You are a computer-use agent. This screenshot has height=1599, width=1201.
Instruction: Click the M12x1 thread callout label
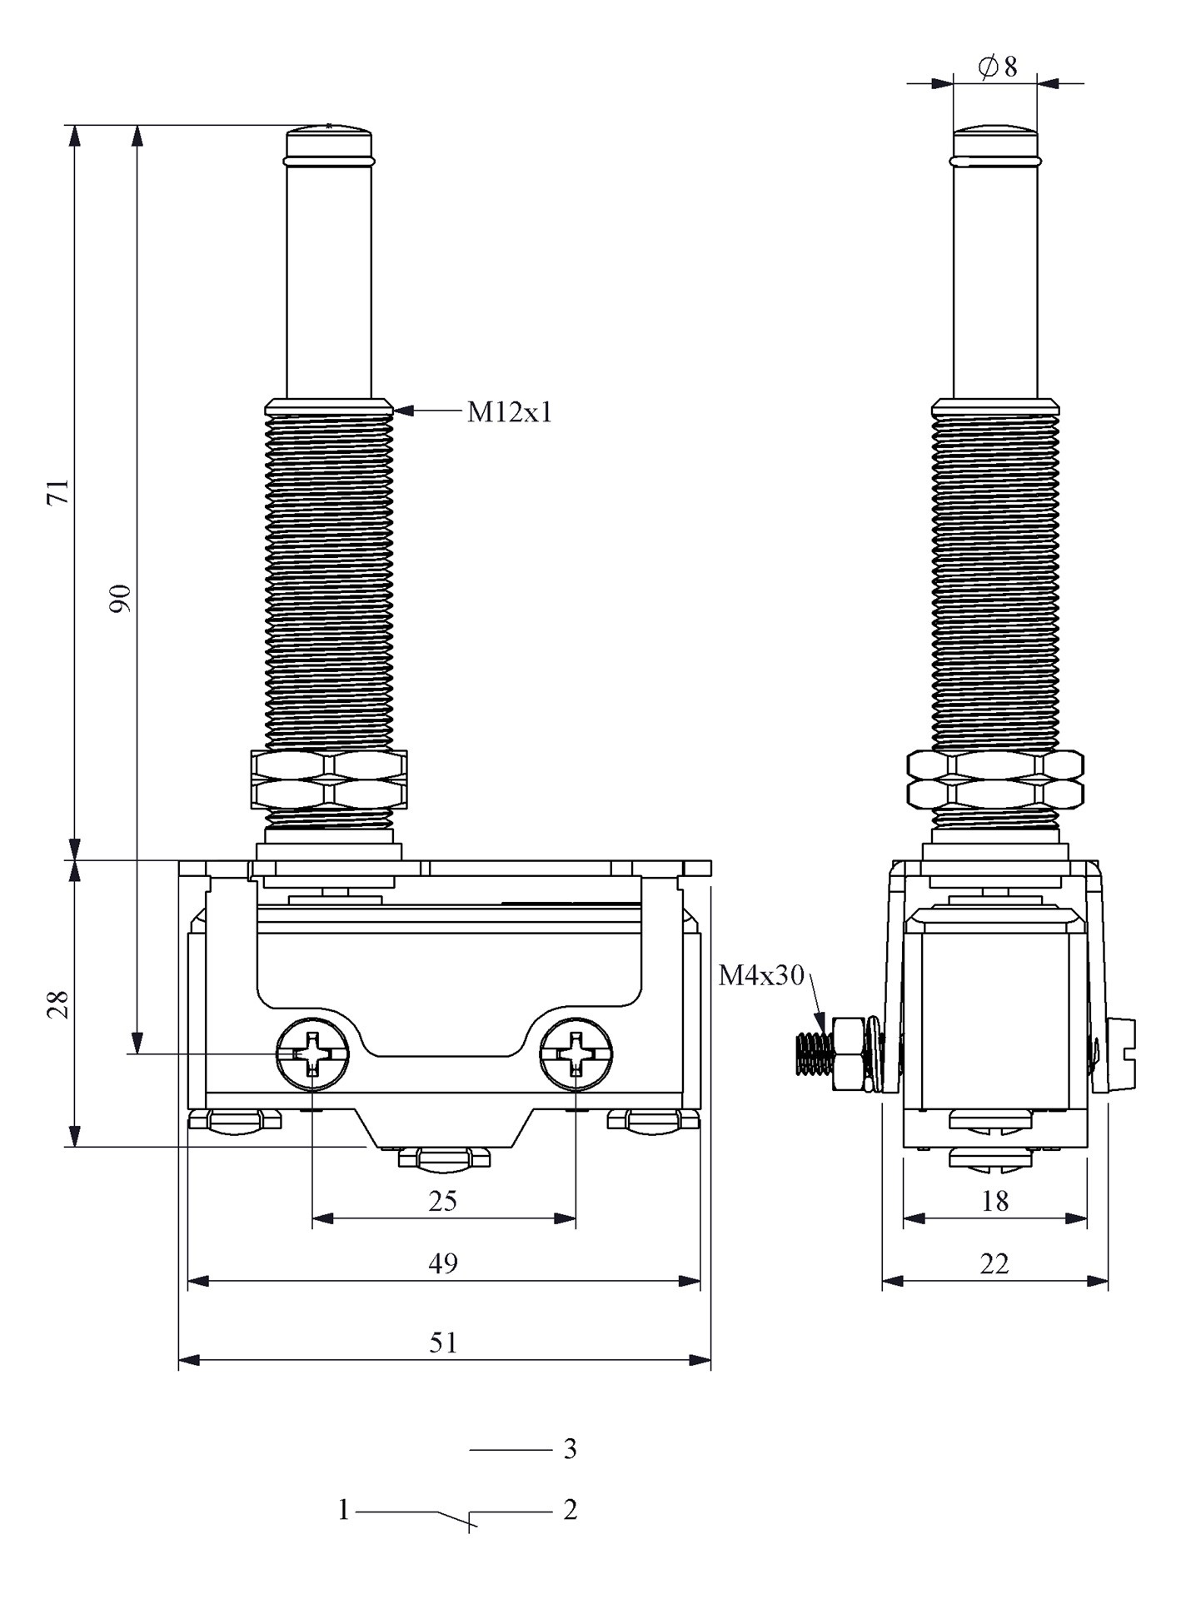[509, 412]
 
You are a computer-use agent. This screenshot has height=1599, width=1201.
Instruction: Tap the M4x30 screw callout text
[761, 975]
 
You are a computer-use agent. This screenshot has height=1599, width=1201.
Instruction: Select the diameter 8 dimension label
[998, 67]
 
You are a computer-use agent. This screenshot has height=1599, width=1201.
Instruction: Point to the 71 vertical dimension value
[58, 492]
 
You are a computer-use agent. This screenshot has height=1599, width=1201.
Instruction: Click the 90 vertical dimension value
[122, 599]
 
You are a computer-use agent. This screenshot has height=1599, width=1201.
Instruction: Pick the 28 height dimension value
[57, 1005]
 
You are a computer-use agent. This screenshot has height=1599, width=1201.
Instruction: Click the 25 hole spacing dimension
[443, 1201]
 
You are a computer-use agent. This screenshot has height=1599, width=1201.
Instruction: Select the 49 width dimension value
[443, 1263]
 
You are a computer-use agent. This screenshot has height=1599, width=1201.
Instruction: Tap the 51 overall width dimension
[443, 1342]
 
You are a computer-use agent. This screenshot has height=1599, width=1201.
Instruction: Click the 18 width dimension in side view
[995, 1201]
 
